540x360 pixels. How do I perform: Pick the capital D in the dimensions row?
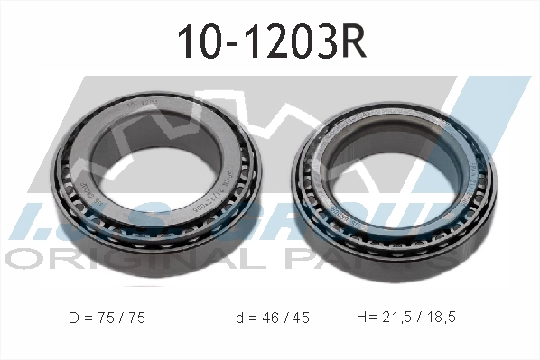pyautogui.click(x=73, y=319)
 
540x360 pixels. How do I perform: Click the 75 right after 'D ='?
pyautogui.click(x=107, y=319)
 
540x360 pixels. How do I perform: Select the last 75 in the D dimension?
pyautogui.click(x=135, y=319)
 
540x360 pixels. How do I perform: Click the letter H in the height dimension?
pyautogui.click(x=363, y=319)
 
